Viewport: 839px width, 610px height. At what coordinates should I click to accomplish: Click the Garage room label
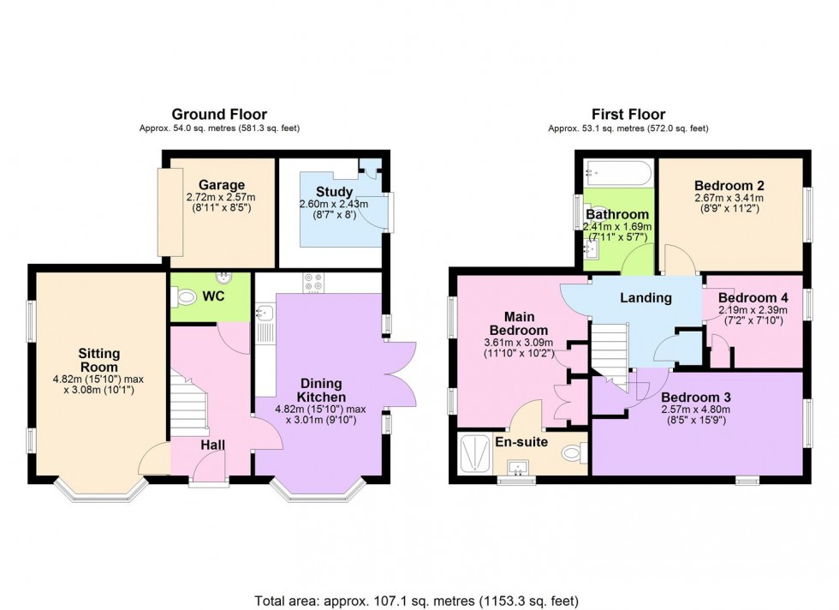221,185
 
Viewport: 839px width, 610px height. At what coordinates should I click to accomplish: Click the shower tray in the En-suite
473,451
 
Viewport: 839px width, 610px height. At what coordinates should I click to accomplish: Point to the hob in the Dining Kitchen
312,283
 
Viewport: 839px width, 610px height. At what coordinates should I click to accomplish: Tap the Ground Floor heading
219,114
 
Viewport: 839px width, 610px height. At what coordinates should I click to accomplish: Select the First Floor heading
628,114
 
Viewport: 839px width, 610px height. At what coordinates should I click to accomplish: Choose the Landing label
646,298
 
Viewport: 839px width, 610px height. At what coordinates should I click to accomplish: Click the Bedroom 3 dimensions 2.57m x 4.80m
698,411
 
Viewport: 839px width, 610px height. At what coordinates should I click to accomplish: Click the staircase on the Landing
611,347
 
